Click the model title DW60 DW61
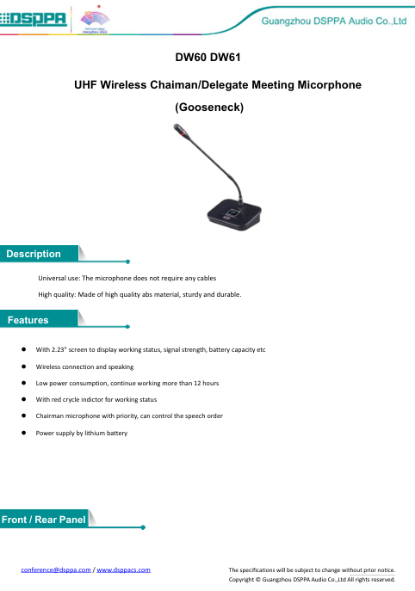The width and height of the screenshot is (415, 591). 207,62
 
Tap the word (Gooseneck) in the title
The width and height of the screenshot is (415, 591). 207,109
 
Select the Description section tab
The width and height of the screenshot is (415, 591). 34,255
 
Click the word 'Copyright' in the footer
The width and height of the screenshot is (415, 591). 247,580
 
